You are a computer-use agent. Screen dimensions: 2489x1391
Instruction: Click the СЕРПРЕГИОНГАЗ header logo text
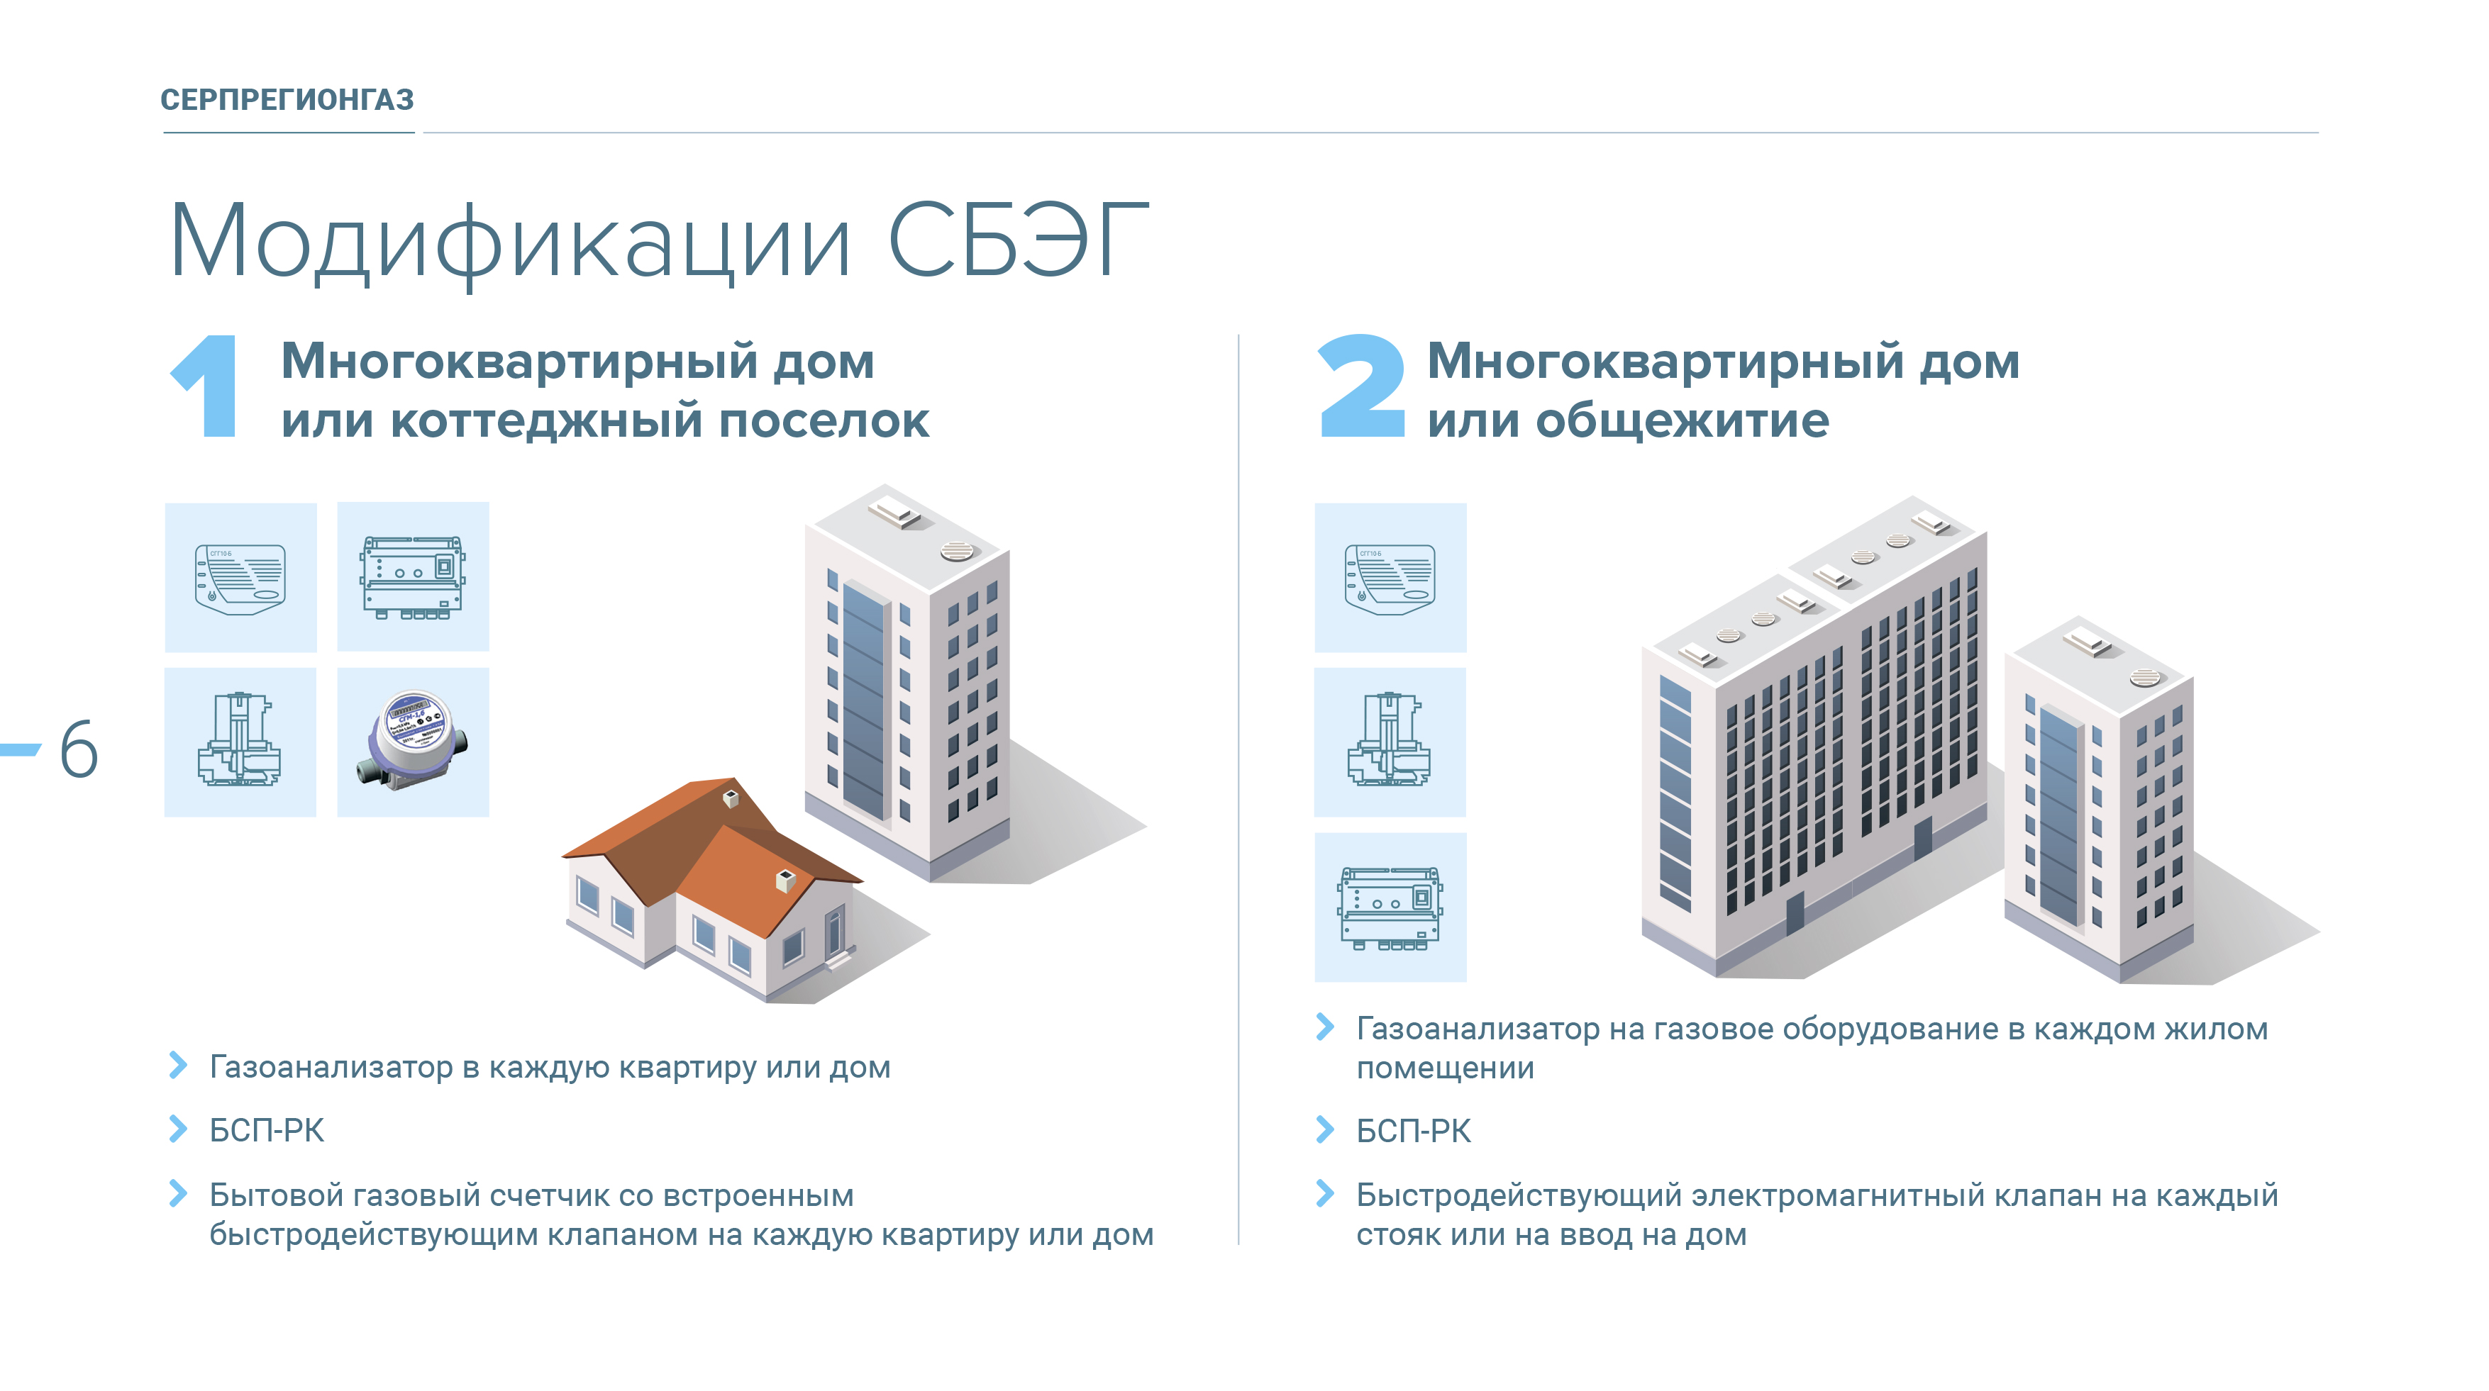287,99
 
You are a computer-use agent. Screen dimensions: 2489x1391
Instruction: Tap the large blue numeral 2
1360,386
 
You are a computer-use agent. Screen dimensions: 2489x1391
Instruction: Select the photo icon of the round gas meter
414,741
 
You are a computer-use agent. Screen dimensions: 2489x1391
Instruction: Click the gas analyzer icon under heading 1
240,578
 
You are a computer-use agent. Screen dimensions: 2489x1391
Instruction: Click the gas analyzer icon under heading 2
1390,578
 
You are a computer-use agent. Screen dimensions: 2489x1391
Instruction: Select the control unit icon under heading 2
1390,907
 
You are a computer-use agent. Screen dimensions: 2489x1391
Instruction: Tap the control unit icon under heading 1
413,576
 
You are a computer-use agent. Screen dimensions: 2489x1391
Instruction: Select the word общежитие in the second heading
1683,421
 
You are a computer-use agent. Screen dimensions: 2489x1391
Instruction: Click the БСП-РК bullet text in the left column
267,1130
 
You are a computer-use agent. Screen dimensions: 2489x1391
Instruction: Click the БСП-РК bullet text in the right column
1414,1130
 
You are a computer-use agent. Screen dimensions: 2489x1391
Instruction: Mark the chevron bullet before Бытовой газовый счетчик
178,1194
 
